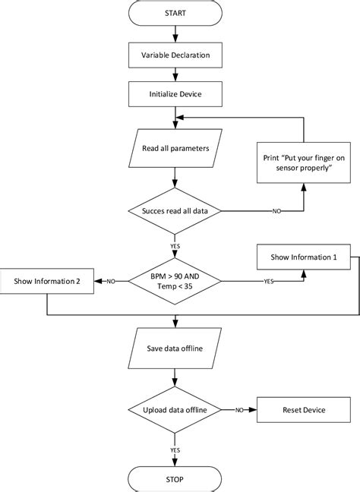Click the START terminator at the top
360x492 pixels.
pyautogui.click(x=176, y=13)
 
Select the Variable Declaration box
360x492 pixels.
pyautogui.click(x=176, y=55)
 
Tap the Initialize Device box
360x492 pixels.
pyautogui.click(x=176, y=95)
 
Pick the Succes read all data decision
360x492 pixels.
pyautogui.click(x=176, y=210)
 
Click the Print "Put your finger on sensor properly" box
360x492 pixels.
pyautogui.click(x=303, y=164)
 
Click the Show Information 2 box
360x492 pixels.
pyautogui.click(x=47, y=282)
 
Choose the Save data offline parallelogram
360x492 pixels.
pyautogui.click(x=176, y=348)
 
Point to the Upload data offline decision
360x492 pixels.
pyautogui.click(x=176, y=410)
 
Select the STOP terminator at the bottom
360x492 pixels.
pyautogui.click(x=176, y=479)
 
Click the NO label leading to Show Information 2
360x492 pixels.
pyautogui.click(x=111, y=282)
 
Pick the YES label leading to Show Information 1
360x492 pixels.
pyautogui.click(x=268, y=282)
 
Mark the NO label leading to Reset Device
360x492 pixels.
pyautogui.click(x=238, y=410)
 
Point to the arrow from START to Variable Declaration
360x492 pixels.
pyautogui.click(x=176, y=33)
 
